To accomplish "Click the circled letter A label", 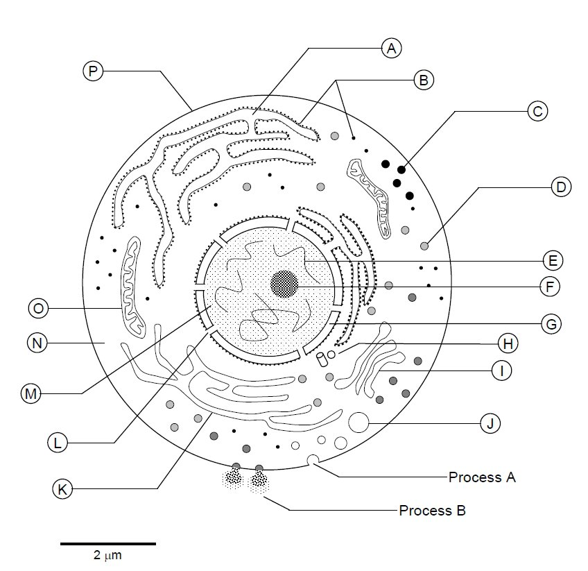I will tap(392, 48).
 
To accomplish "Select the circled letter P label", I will tap(92, 70).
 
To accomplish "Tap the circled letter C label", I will tap(537, 110).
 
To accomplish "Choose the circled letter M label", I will tap(31, 393).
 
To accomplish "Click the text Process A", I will tap(482, 477).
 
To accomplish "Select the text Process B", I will tap(432, 511).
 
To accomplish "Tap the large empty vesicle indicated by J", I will tap(358, 422).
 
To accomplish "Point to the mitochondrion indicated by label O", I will tap(132, 284).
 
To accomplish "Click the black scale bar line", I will tap(107, 543).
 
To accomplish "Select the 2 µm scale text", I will tap(107, 556).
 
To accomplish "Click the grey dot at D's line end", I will tap(424, 246).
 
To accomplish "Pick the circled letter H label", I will tap(508, 343).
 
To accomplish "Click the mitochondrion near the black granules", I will tap(372, 194).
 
